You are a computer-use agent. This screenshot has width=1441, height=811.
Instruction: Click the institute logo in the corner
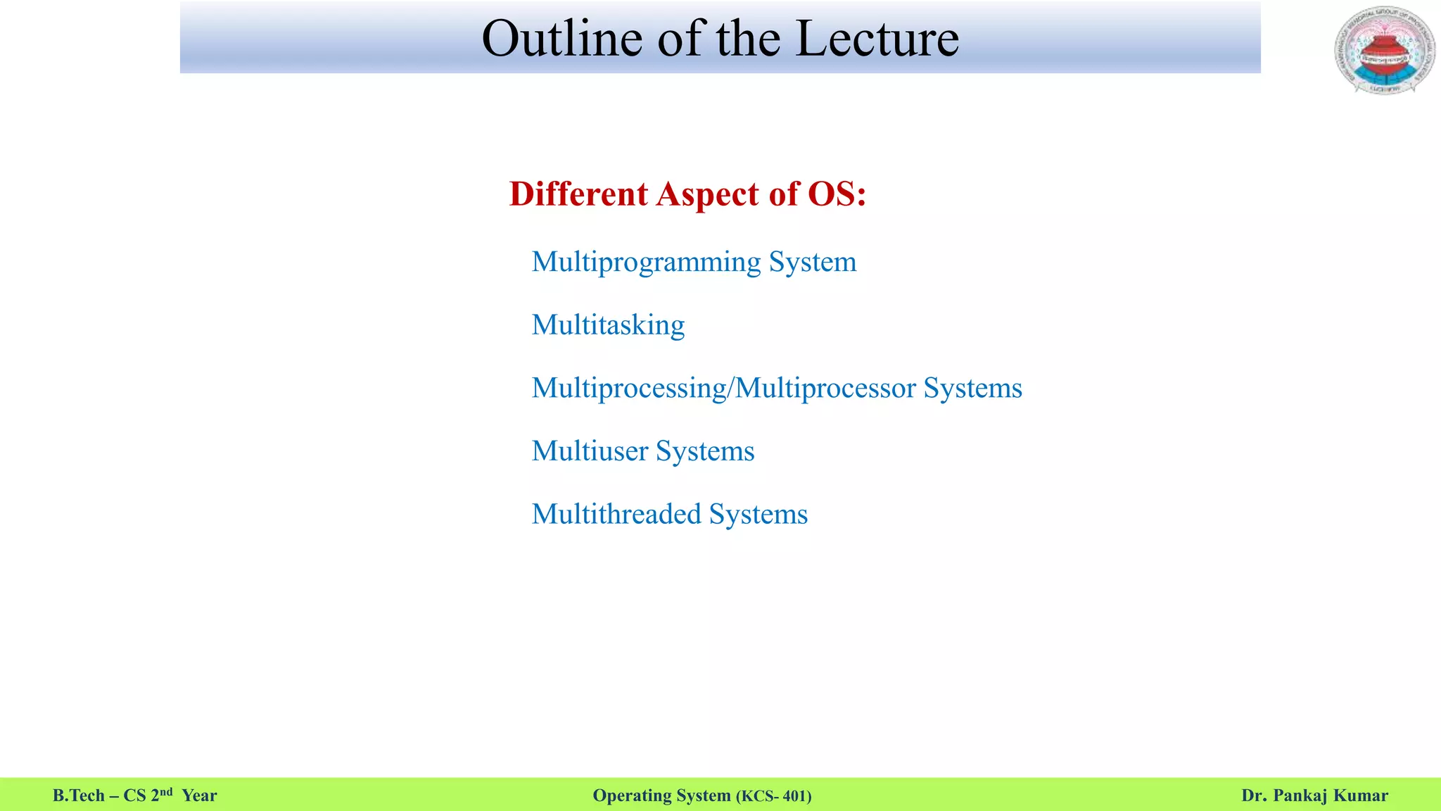coord(1384,51)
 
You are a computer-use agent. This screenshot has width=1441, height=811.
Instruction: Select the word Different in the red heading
coord(578,194)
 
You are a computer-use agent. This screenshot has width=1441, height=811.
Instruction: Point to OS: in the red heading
coord(837,194)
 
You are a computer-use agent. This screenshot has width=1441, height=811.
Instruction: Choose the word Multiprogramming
coord(646,263)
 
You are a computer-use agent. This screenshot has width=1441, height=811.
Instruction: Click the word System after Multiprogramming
coord(813,263)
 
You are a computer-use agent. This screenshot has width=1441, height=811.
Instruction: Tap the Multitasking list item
coord(608,325)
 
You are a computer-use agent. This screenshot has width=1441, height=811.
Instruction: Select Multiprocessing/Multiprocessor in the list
coord(723,389)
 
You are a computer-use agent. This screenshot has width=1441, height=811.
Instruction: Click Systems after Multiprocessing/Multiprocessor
coord(972,389)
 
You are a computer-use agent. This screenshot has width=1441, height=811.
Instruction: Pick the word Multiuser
coord(590,451)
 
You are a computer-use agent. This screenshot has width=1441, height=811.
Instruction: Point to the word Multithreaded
coord(616,514)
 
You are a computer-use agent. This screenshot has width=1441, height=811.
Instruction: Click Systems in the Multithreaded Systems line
coord(758,515)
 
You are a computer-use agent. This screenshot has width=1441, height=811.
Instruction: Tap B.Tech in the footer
coord(78,796)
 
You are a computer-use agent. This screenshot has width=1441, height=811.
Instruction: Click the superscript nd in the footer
coord(166,791)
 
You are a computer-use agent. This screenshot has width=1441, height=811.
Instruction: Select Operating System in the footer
coord(661,796)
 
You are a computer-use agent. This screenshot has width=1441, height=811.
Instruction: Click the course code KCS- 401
coord(773,796)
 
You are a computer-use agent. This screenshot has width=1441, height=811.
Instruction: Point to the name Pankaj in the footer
coord(1300,796)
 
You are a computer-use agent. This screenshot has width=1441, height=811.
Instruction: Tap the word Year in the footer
coord(199,796)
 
